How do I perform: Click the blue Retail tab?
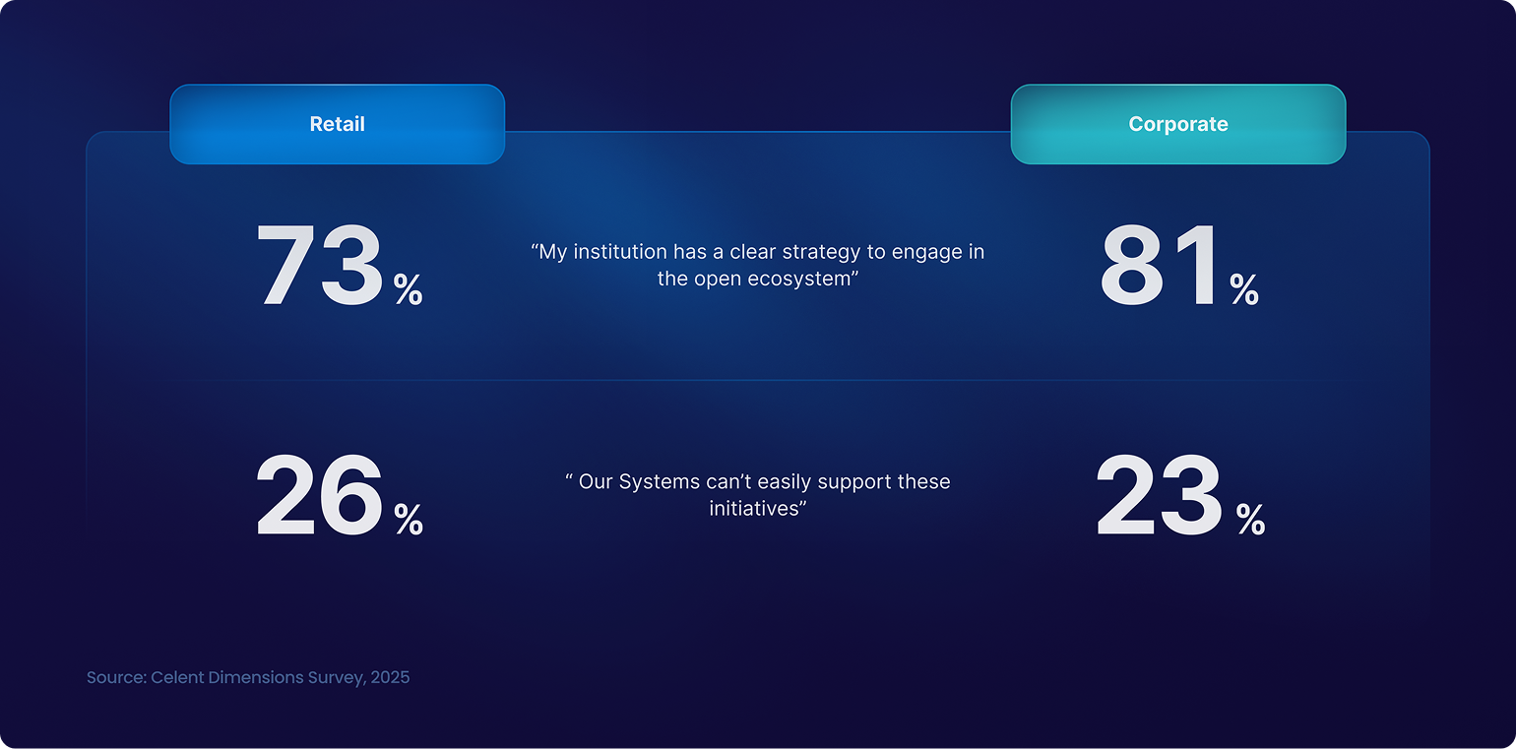click(337, 124)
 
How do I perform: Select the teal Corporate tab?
click(1178, 124)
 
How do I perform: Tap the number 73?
click(319, 265)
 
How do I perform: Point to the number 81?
click(1160, 265)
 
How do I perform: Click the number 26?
click(319, 495)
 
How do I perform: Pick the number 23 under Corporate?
click(1159, 495)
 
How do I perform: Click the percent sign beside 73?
click(409, 289)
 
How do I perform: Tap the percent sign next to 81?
click(1244, 289)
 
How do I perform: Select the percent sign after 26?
click(409, 520)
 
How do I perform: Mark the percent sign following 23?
click(1250, 520)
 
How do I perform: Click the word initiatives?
click(754, 508)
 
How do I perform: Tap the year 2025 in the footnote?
click(390, 677)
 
